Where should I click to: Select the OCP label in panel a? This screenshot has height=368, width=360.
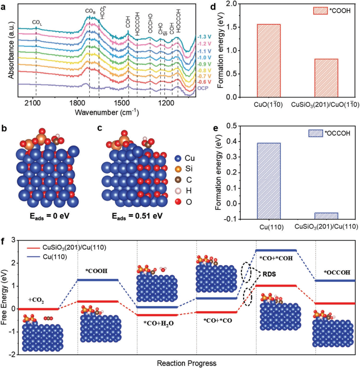click(x=203, y=88)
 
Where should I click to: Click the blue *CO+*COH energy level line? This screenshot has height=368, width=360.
click(x=276, y=250)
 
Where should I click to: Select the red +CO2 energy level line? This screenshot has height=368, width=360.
click(x=38, y=309)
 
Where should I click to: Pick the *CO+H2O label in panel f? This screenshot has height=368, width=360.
click(x=157, y=322)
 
